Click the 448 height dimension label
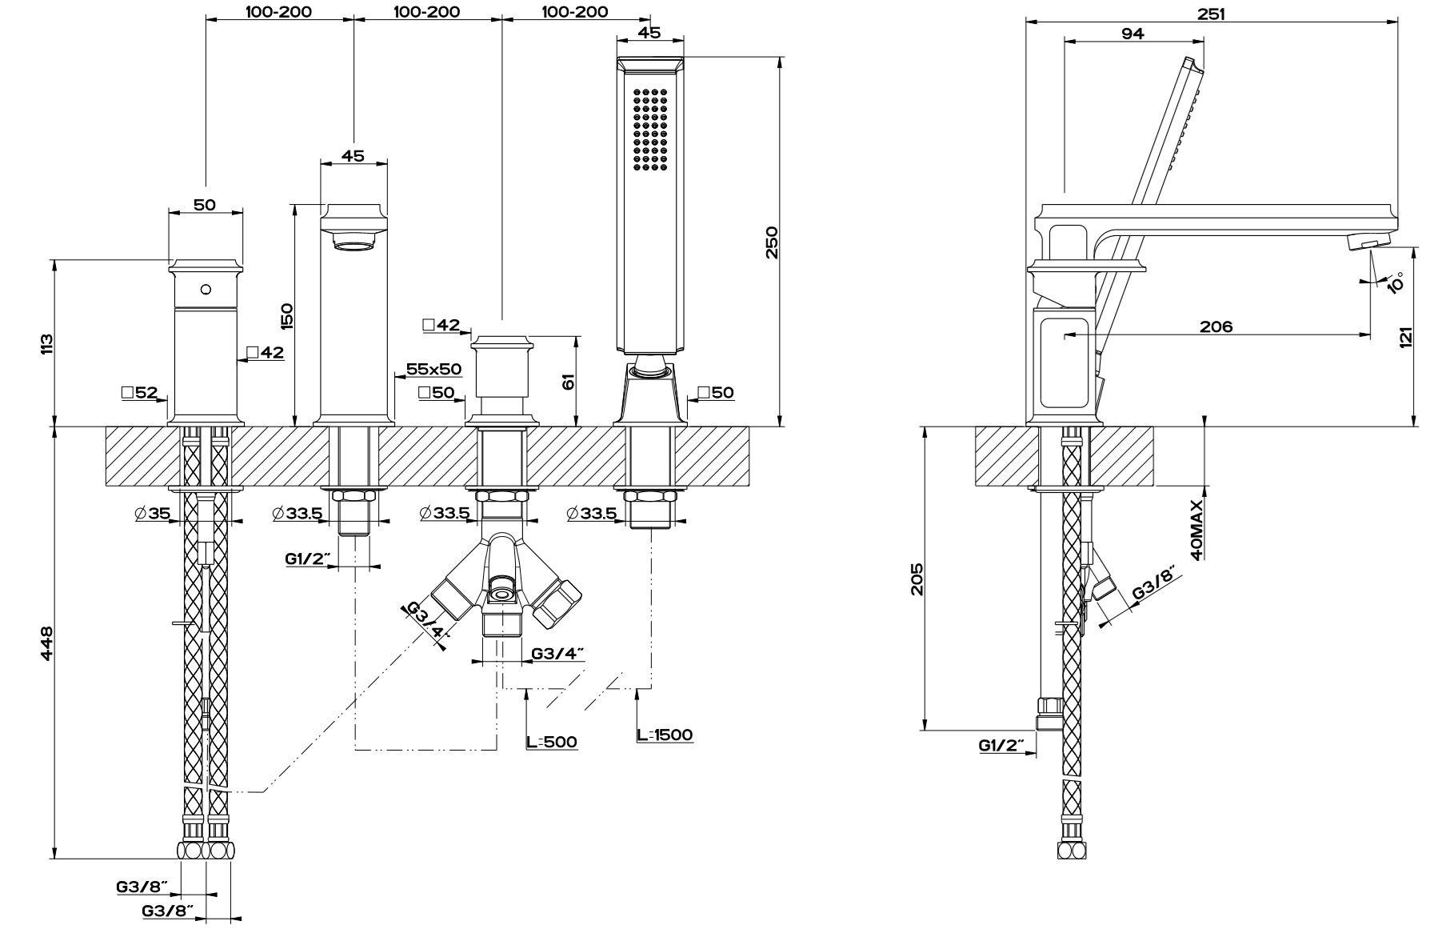[46, 643]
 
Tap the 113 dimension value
[46, 344]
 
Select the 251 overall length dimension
[1212, 14]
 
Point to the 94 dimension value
[1132, 34]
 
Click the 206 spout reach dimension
[1216, 326]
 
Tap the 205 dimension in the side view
[917, 579]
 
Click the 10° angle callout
[1395, 282]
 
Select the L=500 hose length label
[552, 742]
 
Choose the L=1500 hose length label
[665, 735]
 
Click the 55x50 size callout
[434, 369]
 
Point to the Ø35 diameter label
[153, 514]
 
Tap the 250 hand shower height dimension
[770, 242]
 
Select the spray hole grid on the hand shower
[650, 129]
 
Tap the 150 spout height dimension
[287, 315]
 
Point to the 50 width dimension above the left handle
[205, 204]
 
